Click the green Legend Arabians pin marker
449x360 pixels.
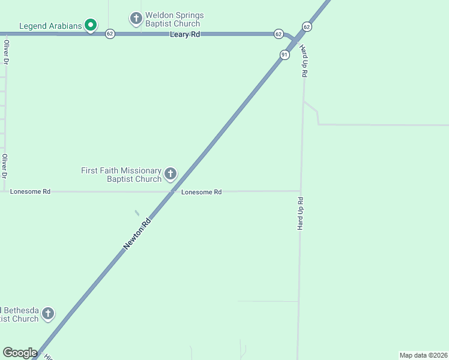click(x=90, y=25)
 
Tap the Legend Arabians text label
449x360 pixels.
click(x=50, y=26)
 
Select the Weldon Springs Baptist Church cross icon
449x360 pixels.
click(x=136, y=19)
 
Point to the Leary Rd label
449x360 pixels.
click(x=185, y=35)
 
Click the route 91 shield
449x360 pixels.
click(x=285, y=55)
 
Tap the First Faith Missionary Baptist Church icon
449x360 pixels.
click(x=170, y=175)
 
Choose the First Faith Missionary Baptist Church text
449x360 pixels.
click(x=122, y=175)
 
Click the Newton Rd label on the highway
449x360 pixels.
click(x=137, y=233)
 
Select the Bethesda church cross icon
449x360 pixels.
click(x=47, y=314)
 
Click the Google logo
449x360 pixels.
click(x=20, y=353)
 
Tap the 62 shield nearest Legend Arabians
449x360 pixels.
click(x=109, y=34)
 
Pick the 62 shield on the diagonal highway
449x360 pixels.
click(x=307, y=27)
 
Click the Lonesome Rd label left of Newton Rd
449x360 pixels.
click(x=30, y=191)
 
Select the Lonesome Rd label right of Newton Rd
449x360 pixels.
click(x=202, y=192)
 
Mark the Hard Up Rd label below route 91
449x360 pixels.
click(x=304, y=61)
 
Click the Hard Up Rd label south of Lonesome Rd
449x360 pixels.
click(x=300, y=213)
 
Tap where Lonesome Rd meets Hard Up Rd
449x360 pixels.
click(x=301, y=191)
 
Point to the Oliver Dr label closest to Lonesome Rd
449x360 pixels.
click(x=5, y=166)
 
